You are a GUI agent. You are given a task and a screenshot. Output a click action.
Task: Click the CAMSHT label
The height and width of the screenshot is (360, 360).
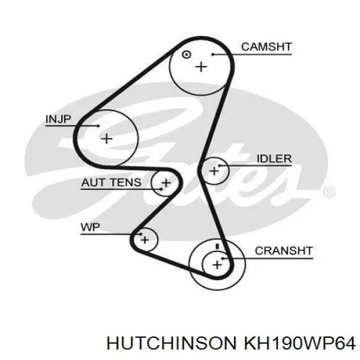(266, 47)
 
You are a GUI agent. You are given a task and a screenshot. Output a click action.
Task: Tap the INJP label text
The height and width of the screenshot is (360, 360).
(58, 119)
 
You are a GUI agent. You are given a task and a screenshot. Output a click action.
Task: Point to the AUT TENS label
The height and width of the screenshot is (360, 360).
(112, 182)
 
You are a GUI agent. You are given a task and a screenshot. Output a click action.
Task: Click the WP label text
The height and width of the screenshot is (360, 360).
(90, 227)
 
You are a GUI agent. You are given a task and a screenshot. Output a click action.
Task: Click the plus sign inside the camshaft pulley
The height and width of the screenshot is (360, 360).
(200, 67)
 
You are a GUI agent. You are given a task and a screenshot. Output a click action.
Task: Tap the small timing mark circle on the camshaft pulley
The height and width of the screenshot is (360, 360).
(186, 55)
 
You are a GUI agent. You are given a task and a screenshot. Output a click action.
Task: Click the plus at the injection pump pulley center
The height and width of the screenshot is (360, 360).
(106, 139)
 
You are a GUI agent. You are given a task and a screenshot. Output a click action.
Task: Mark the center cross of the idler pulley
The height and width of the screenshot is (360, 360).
(214, 171)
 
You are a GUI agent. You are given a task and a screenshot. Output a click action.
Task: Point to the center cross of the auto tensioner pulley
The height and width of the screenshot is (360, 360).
(166, 182)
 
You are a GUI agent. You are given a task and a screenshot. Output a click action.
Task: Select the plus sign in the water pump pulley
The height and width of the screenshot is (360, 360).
(145, 240)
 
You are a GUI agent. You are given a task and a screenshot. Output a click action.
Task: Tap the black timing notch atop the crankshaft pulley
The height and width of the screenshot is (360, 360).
(217, 246)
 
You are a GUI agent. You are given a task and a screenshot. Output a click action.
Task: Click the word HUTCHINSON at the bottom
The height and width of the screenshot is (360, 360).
(170, 343)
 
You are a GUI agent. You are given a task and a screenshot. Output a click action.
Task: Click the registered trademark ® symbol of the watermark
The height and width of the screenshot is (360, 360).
(328, 192)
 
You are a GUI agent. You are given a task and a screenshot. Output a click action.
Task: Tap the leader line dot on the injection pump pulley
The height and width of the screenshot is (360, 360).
(98, 126)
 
